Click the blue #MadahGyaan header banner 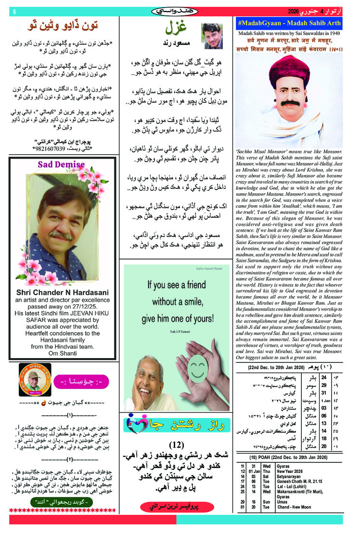point(289,24)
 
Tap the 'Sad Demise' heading point(63,164)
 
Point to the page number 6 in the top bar point(14,11)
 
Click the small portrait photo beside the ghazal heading point(212,36)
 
